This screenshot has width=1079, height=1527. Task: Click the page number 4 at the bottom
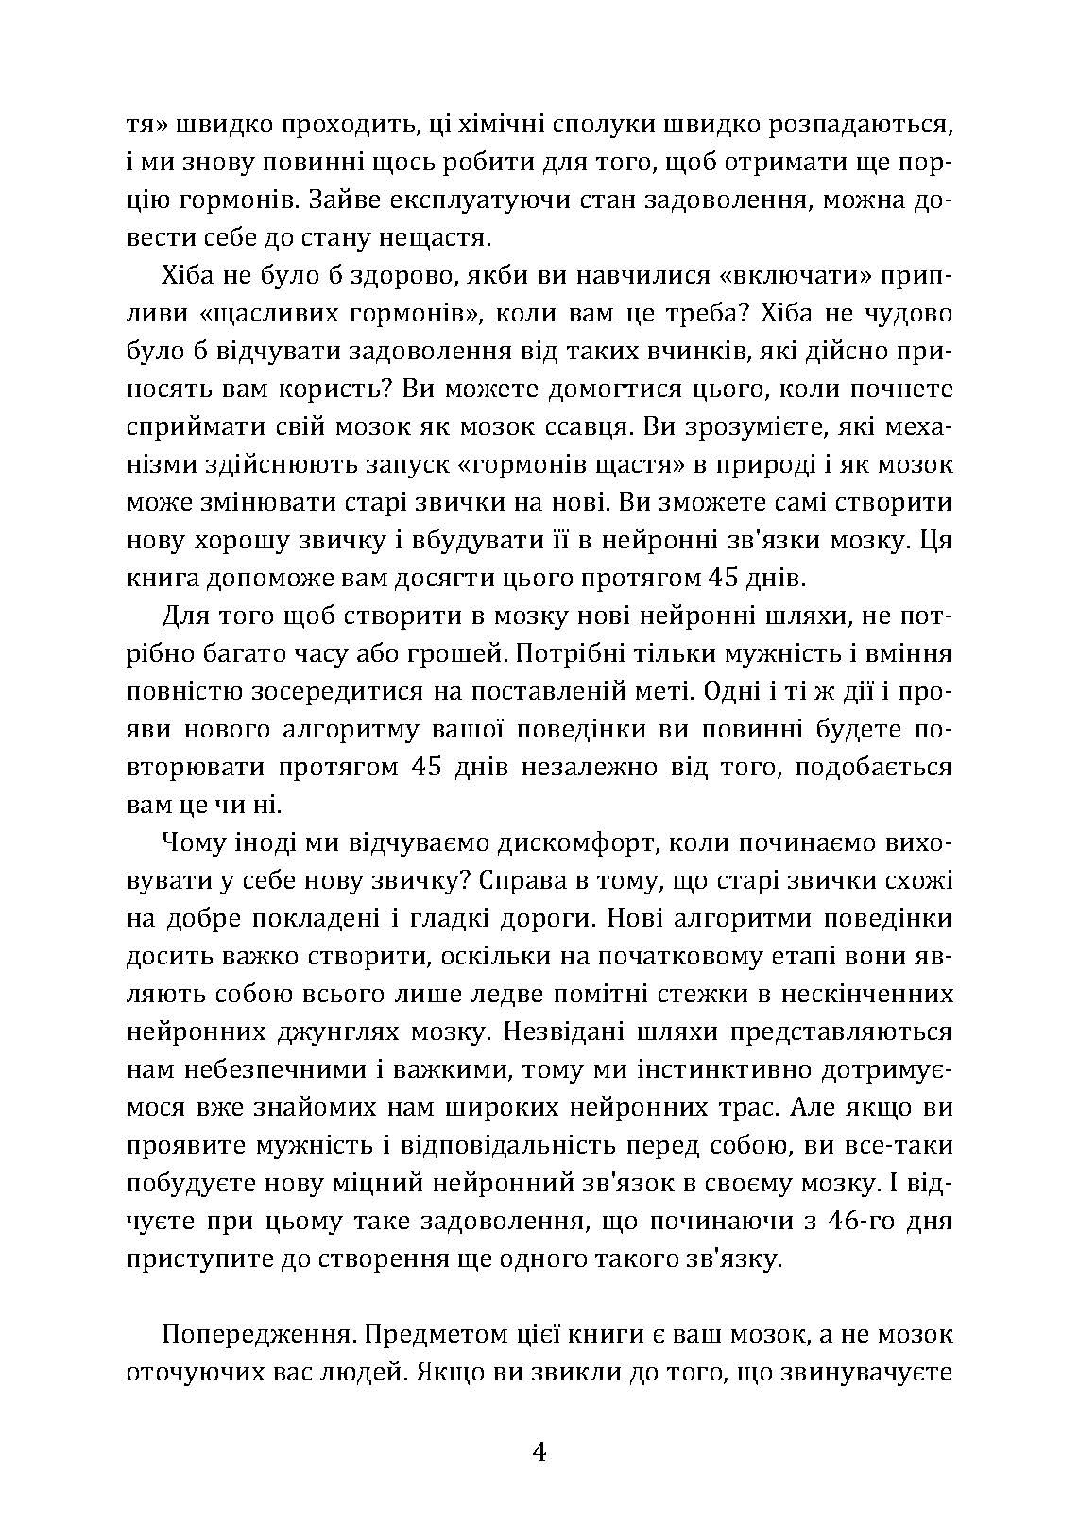[539, 1451]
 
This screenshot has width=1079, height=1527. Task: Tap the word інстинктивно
[714, 1069]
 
